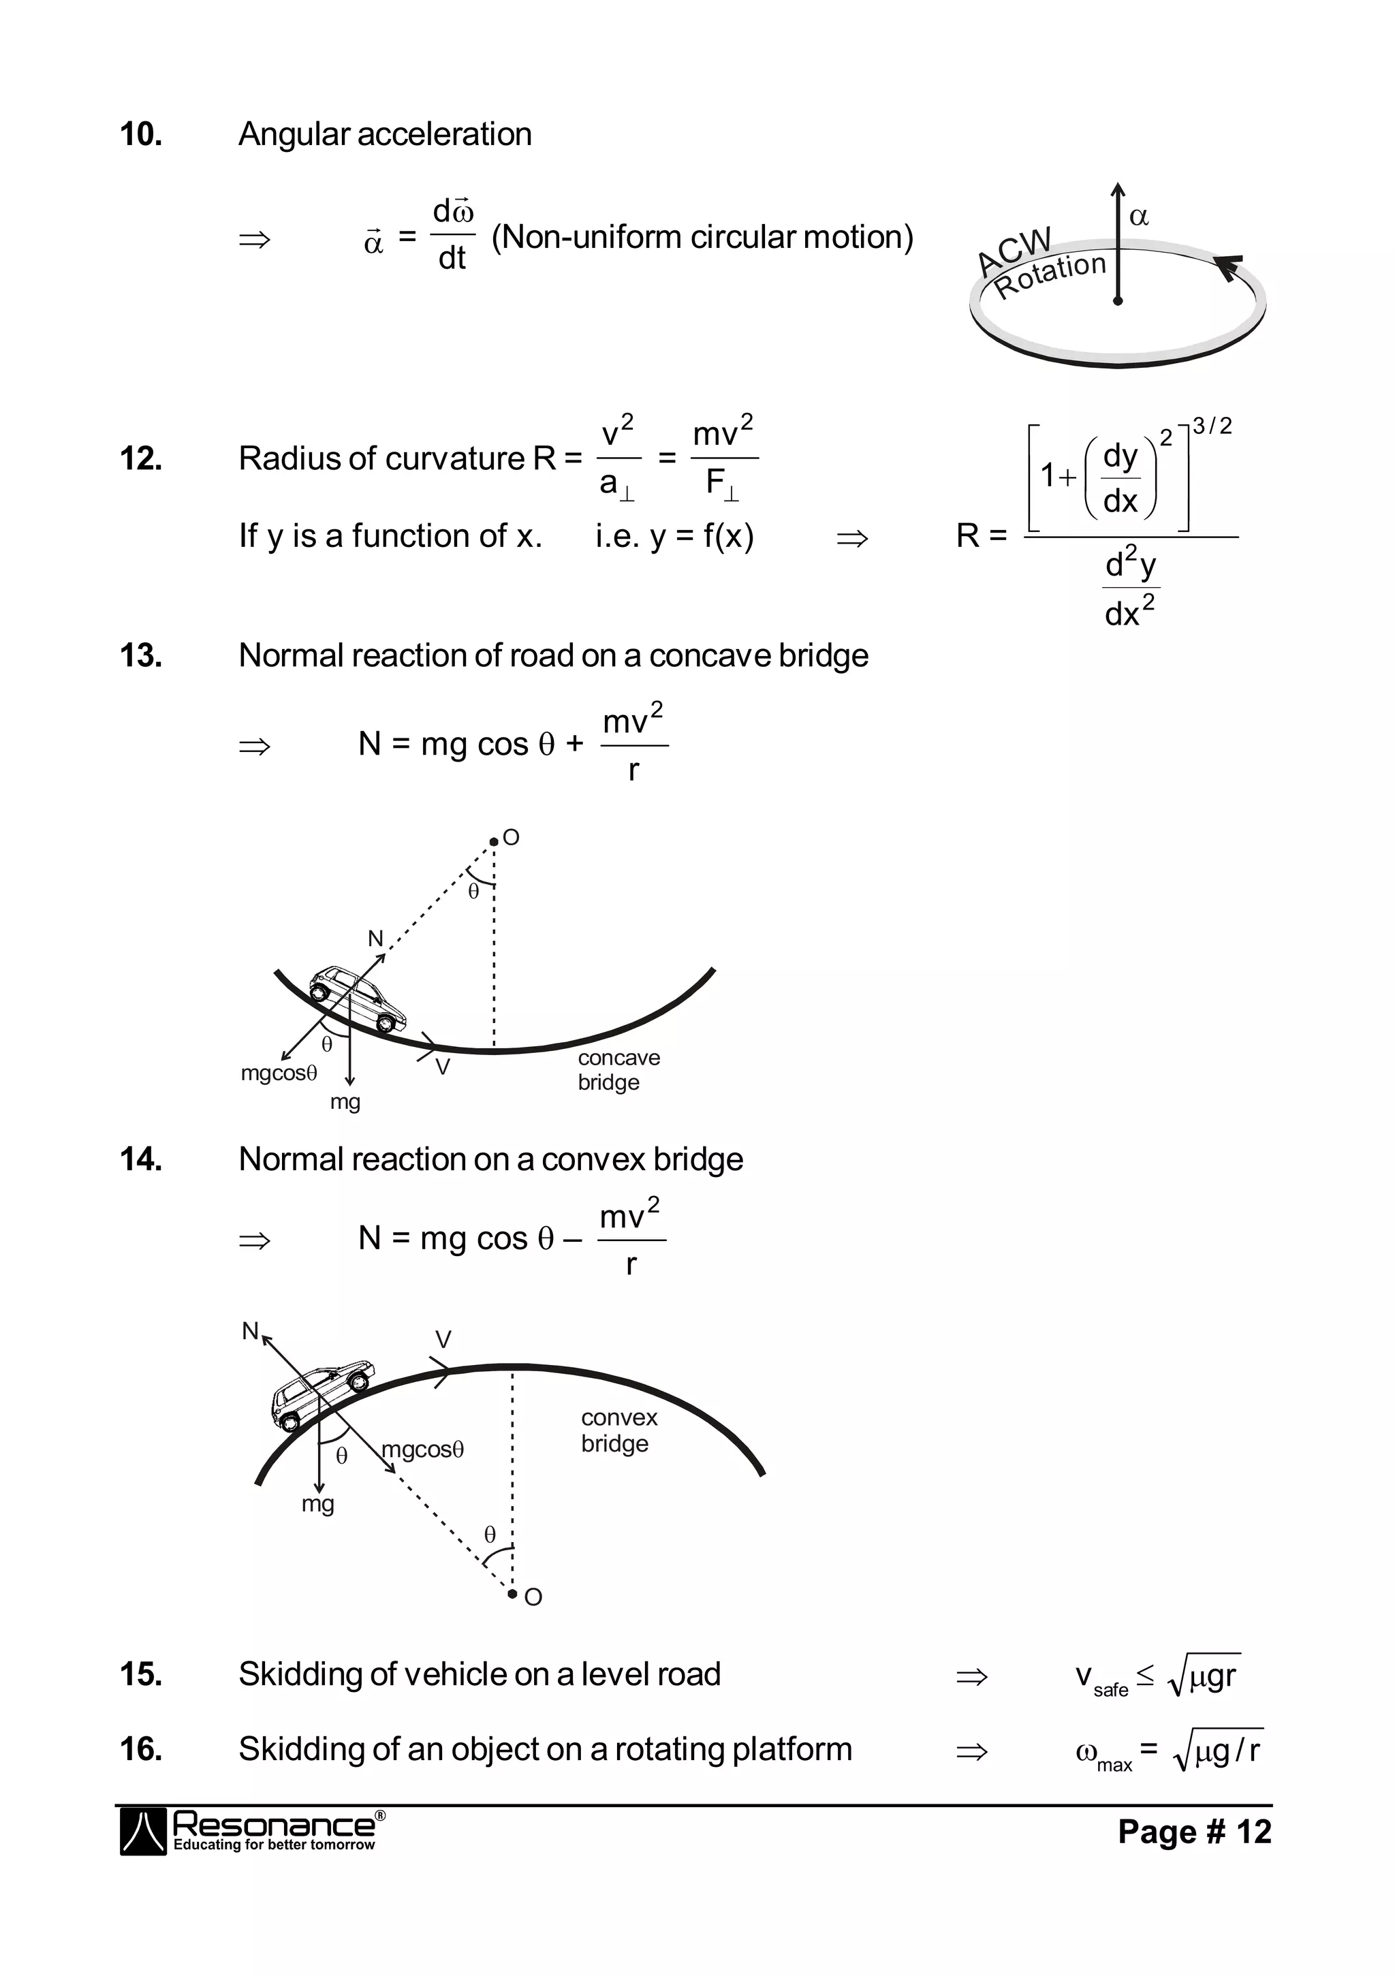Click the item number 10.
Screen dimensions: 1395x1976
click(x=141, y=134)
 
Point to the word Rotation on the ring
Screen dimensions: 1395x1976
click(x=1050, y=275)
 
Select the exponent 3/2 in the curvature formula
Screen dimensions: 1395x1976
click(x=1212, y=425)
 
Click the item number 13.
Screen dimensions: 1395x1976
click(x=141, y=656)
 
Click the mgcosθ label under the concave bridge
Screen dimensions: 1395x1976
click(x=279, y=1073)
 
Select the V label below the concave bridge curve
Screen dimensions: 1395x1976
click(x=442, y=1067)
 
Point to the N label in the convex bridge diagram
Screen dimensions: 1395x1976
click(x=249, y=1330)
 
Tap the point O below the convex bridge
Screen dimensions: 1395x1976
click(x=513, y=1595)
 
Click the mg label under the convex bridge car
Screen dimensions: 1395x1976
click(x=317, y=1503)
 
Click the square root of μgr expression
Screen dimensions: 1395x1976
click(x=1203, y=1675)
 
